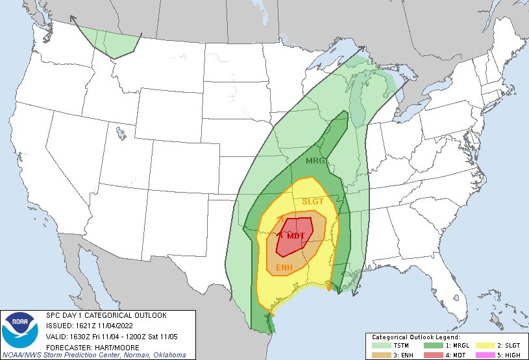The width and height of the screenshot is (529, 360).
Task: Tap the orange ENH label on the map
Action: [284, 268]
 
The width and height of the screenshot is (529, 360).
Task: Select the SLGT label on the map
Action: [312, 202]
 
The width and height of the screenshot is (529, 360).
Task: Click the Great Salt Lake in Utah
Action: [121, 134]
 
